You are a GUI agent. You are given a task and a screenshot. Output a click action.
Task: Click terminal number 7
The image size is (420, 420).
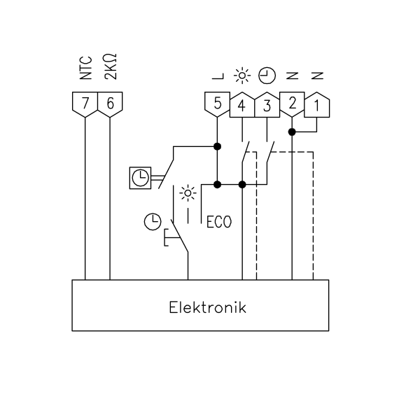click(x=85, y=103)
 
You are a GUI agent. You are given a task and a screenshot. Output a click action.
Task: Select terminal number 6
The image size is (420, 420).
click(x=110, y=103)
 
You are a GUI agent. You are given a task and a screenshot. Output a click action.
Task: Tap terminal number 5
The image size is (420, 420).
click(x=217, y=103)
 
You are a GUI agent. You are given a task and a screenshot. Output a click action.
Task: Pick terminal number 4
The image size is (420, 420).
click(x=242, y=106)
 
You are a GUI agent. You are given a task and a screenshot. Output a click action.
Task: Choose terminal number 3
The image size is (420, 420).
click(x=267, y=106)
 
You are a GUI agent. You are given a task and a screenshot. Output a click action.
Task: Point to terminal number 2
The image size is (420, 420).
click(x=292, y=103)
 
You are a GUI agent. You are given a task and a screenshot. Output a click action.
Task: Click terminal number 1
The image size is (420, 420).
click(x=317, y=106)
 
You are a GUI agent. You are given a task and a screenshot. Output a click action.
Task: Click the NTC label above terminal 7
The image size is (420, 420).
click(x=86, y=68)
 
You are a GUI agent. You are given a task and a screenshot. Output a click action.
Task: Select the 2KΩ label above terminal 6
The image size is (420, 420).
click(x=111, y=66)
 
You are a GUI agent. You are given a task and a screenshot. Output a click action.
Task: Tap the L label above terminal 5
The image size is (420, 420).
click(x=218, y=76)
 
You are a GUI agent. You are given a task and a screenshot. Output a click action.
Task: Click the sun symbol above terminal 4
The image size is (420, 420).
click(x=242, y=76)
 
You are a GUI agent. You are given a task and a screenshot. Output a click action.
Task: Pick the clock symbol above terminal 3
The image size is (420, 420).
click(x=267, y=76)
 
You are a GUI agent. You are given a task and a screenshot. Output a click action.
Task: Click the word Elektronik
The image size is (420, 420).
click(x=208, y=307)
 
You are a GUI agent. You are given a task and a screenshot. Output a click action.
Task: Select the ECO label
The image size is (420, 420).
click(x=219, y=222)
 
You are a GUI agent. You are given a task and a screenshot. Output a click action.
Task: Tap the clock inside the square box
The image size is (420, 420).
click(x=141, y=178)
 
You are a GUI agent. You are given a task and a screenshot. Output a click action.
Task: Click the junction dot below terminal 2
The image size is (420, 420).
click(x=292, y=132)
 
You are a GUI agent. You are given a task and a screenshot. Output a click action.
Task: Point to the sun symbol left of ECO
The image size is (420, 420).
click(x=188, y=193)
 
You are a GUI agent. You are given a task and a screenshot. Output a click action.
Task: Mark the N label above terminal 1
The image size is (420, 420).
click(x=317, y=76)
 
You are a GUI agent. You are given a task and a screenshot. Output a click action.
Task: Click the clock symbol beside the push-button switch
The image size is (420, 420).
click(x=153, y=222)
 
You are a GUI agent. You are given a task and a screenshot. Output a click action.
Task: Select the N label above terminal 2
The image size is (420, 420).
click(x=292, y=76)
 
